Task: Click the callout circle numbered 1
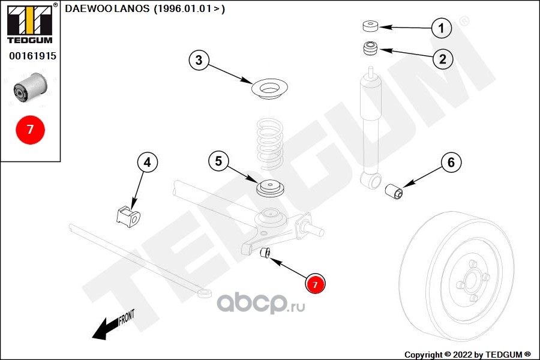coord(442,28)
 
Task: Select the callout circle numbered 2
coord(443,59)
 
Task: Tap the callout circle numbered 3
coord(199,60)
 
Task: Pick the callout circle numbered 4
coord(148,162)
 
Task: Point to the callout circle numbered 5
coord(218,161)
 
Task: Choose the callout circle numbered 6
coord(451,162)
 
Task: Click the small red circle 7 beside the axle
coord(315,284)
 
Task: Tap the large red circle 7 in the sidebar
coord(31,130)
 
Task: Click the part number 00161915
coord(33,56)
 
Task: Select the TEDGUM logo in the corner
coord(30,23)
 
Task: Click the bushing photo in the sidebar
coord(31,88)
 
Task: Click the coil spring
coord(271,143)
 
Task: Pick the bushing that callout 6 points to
coord(394,191)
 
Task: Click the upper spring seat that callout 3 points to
coord(269,89)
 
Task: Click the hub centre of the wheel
coord(471,278)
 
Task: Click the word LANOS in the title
coord(132,8)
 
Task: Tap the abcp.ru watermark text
coord(261,303)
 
